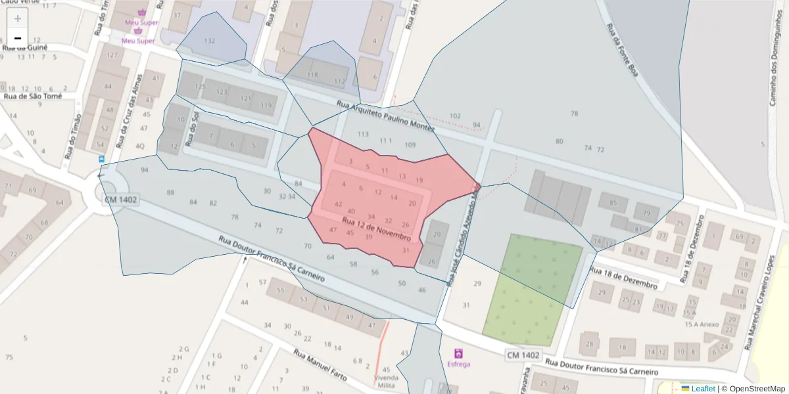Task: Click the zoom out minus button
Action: pyautogui.click(x=18, y=38)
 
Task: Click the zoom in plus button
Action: pyautogui.click(x=18, y=18)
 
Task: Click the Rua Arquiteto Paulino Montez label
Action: pyautogui.click(x=385, y=116)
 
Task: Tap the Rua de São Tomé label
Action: pyautogui.click(x=33, y=96)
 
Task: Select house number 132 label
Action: pyautogui.click(x=210, y=41)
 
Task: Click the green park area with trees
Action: pyautogui.click(x=533, y=289)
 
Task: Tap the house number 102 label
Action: pyautogui.click(x=455, y=116)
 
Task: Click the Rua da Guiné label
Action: pyautogui.click(x=25, y=47)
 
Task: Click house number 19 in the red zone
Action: pyautogui.click(x=419, y=180)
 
